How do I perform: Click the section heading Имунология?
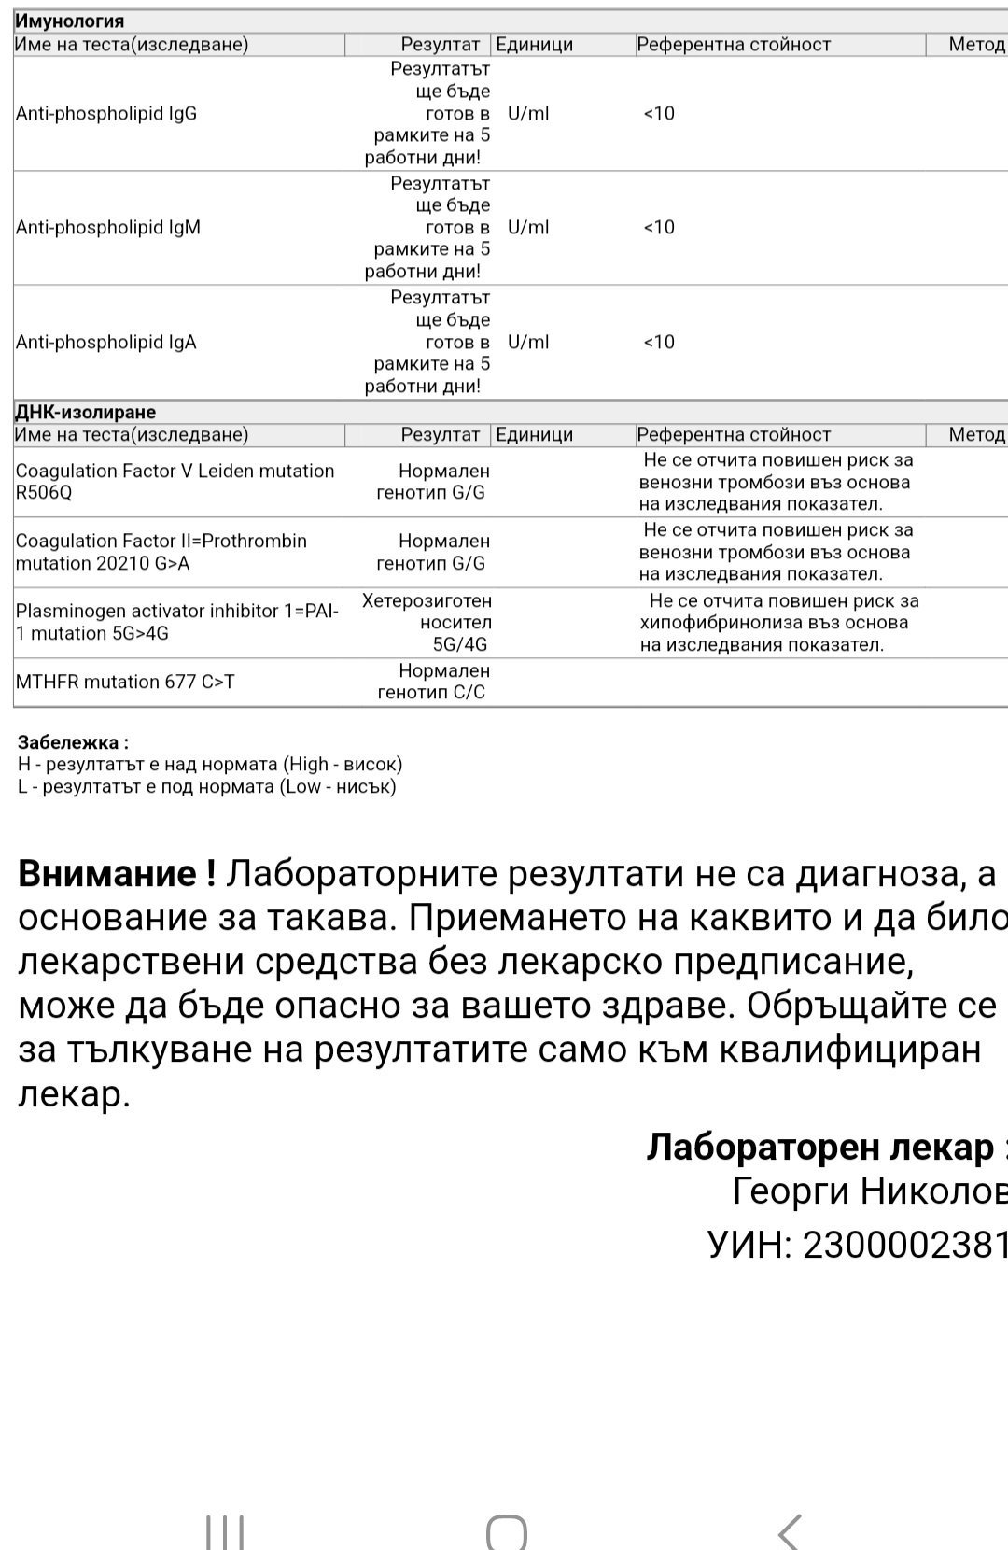point(70,21)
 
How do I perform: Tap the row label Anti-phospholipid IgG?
point(106,114)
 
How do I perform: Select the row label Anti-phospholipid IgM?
point(108,228)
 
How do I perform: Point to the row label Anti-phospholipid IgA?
point(106,343)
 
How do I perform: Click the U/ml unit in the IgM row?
point(528,228)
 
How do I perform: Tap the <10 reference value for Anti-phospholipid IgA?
point(659,343)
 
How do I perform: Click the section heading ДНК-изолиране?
point(86,412)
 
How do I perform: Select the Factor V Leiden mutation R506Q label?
point(175,482)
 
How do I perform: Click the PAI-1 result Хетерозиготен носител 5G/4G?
point(427,623)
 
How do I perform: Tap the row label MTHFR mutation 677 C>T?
point(125,682)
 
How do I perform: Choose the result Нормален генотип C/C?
point(431,682)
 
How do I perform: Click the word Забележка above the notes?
point(73,743)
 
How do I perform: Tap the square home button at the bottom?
point(507,1532)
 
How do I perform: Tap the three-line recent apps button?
point(225,1532)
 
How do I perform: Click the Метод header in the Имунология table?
point(975,44)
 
